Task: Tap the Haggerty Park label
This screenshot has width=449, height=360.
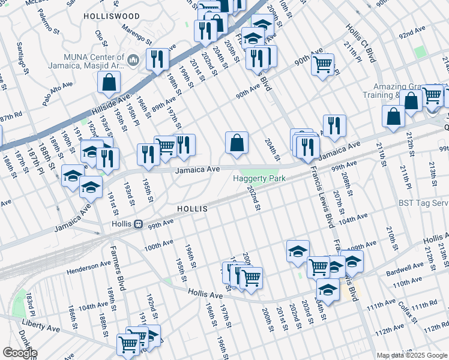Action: point(259,178)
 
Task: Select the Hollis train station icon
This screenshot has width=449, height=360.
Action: point(138,224)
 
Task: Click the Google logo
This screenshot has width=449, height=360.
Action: point(19,353)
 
